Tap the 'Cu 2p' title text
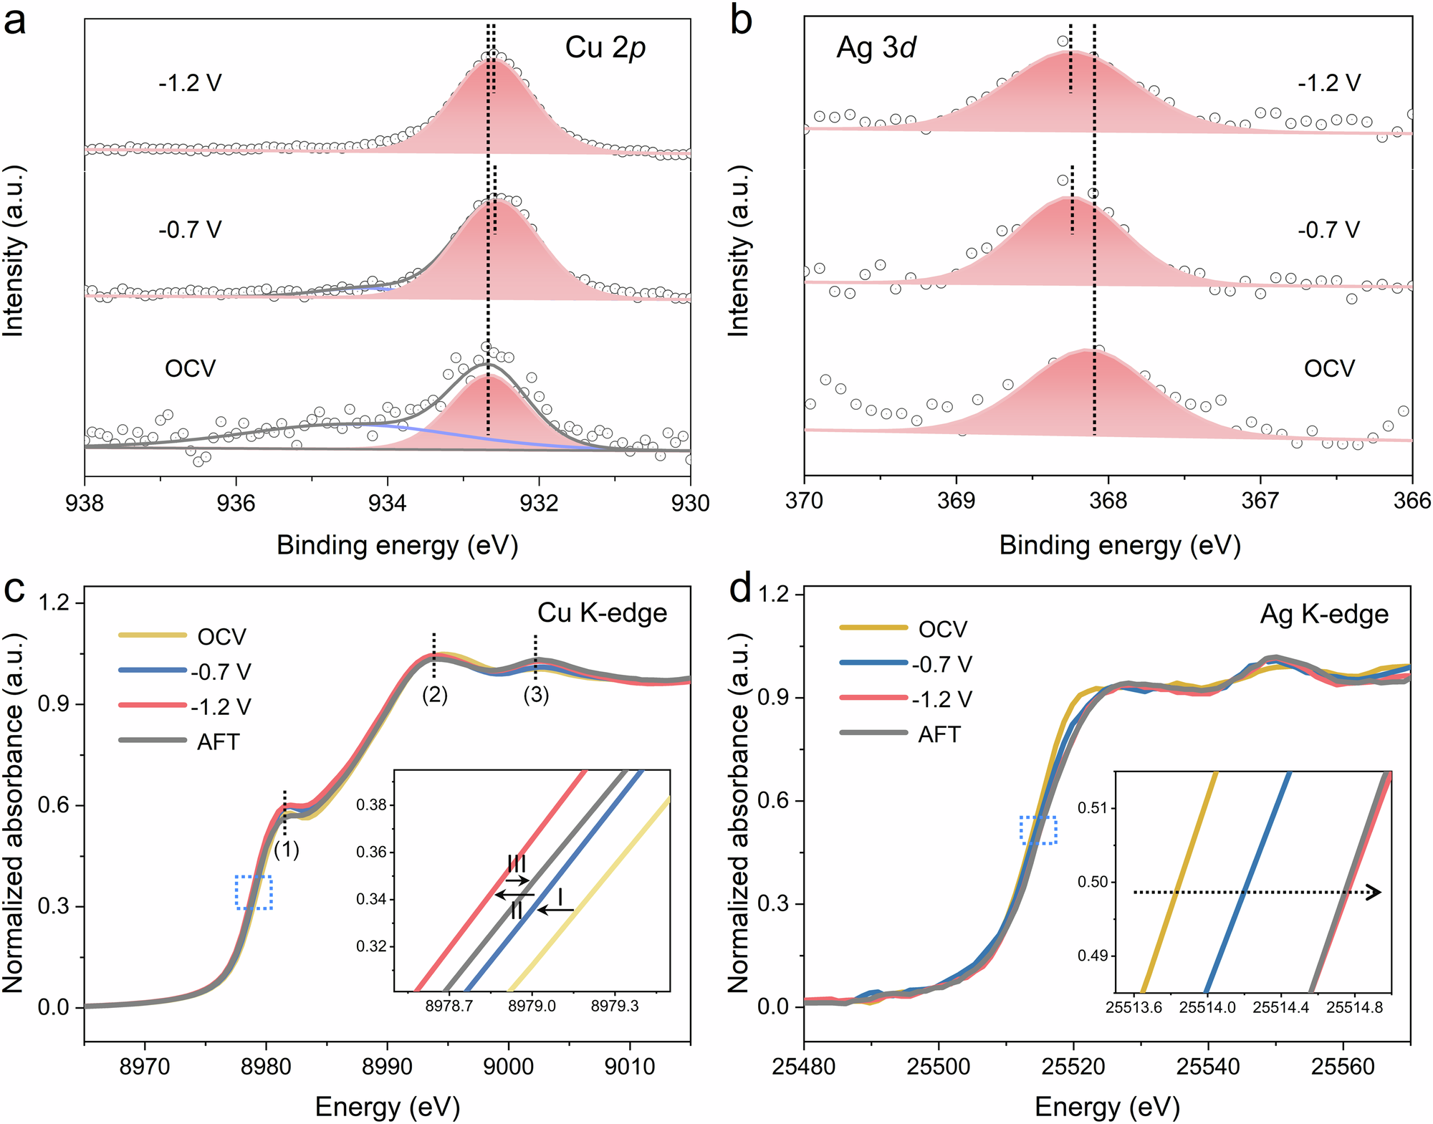(x=605, y=48)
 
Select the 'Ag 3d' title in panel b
(x=876, y=48)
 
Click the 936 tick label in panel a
(x=236, y=504)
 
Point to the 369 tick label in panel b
(x=956, y=500)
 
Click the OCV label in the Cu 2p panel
(x=190, y=369)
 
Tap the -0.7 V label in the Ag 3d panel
(x=1328, y=230)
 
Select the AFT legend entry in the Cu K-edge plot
(x=217, y=741)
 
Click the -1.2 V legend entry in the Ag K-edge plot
(x=941, y=699)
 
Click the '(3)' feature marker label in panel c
(x=536, y=694)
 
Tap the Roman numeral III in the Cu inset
(x=517, y=863)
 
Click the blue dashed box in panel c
(x=254, y=893)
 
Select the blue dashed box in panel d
(x=1037, y=830)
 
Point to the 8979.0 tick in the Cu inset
(x=532, y=1007)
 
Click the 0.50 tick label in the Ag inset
(x=1092, y=882)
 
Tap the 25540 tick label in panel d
(x=1208, y=1067)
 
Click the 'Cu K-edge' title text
(x=602, y=613)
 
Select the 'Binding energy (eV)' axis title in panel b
(x=1119, y=546)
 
